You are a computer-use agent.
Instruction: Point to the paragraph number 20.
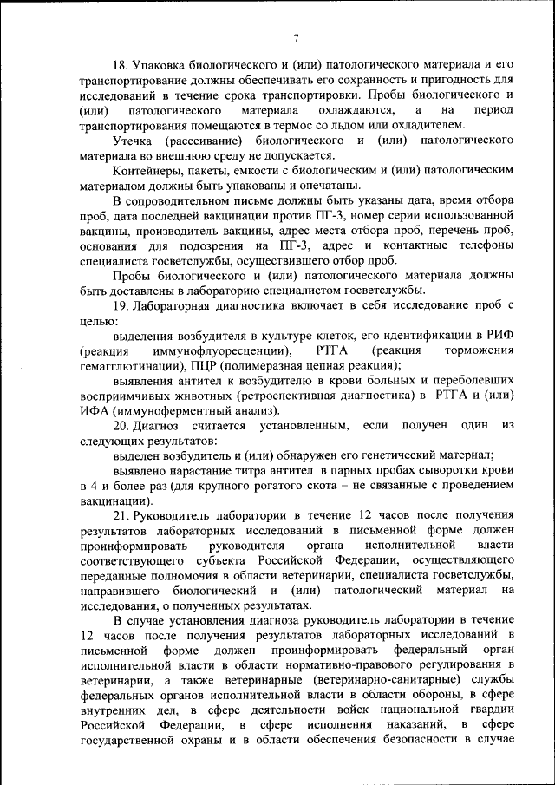click(121, 425)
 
